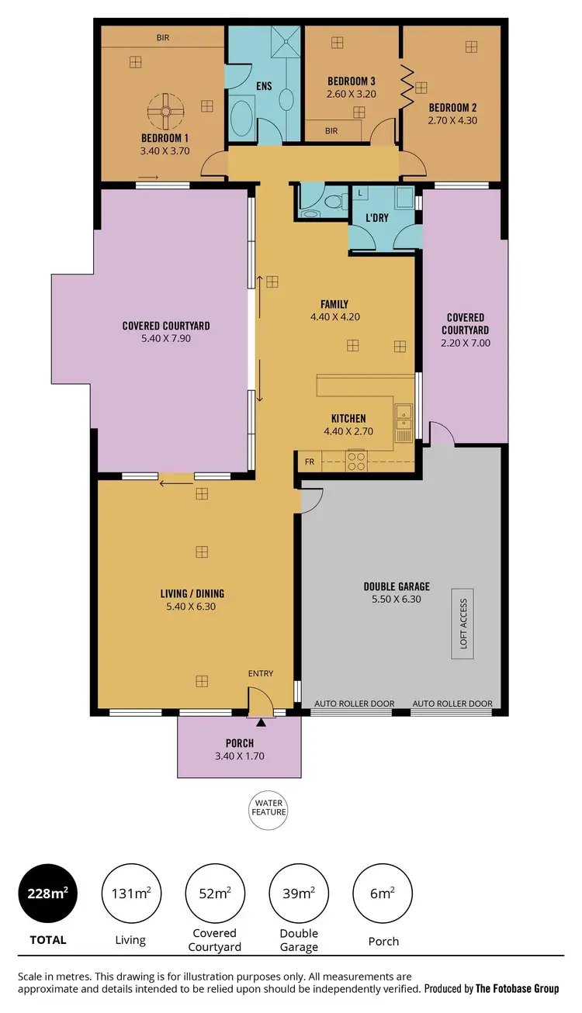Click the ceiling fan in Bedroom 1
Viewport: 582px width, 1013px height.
[x=165, y=112]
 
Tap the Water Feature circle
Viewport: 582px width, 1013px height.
[x=268, y=811]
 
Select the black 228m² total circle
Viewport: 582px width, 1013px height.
[x=47, y=893]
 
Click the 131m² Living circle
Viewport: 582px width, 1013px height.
[x=130, y=893]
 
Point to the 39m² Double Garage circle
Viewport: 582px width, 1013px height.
[x=299, y=893]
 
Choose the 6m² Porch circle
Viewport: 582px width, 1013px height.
[x=383, y=893]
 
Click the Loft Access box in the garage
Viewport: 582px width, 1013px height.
[x=463, y=624]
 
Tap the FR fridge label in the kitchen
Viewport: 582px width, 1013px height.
[x=310, y=462]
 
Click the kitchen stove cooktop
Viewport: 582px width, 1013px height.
[x=355, y=461]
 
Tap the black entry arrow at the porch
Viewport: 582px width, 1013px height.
[x=261, y=722]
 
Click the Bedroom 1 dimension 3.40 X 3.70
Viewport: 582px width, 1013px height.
[x=165, y=151]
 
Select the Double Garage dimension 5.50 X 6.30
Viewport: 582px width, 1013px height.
[x=396, y=599]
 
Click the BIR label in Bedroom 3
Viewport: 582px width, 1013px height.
[x=331, y=131]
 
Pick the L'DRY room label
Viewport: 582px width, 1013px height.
[x=377, y=219]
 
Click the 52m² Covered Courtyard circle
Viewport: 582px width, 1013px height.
[x=214, y=893]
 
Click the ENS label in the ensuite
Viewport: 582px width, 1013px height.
[x=264, y=86]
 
